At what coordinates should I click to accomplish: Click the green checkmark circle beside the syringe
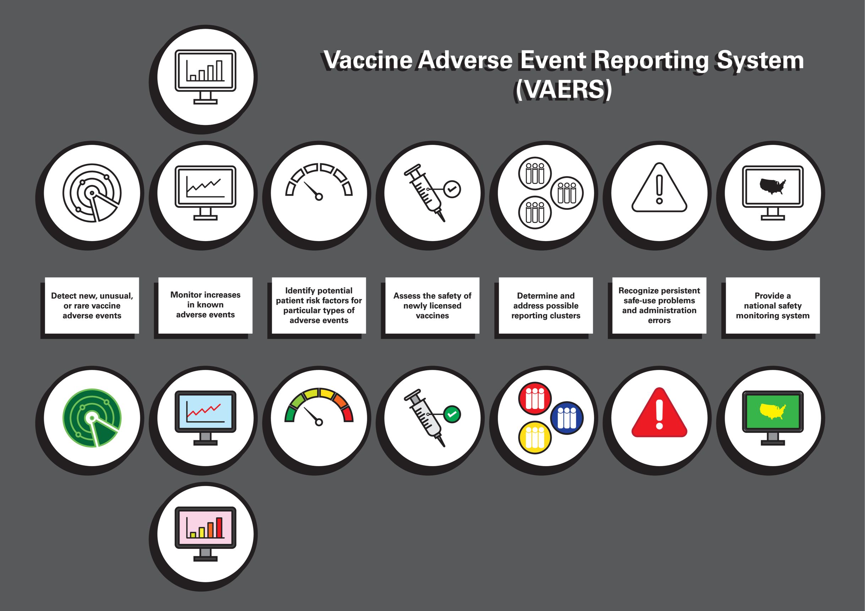452,414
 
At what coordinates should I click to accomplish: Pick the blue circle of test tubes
567,418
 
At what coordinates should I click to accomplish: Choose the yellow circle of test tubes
535,438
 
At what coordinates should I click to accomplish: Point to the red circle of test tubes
535,399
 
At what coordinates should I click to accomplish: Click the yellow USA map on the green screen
773,411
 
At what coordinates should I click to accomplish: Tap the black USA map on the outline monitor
773,186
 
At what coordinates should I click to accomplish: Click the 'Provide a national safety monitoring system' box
773,305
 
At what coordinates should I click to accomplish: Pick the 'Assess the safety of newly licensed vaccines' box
432,305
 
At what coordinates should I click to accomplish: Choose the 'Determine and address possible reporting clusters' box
546,305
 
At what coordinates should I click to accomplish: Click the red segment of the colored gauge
348,415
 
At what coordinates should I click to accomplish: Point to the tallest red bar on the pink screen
219,527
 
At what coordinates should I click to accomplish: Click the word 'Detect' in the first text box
64,296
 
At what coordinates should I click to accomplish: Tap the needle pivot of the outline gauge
319,197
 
